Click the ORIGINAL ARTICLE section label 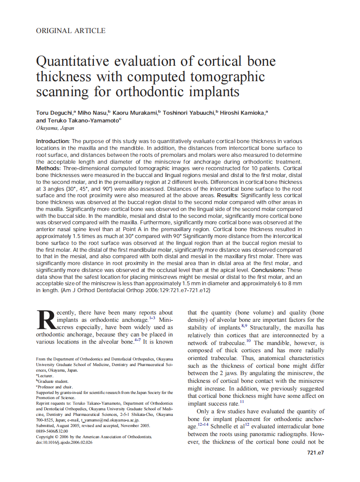point(71,31)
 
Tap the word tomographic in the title point(222,77)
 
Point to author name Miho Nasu point(93,113)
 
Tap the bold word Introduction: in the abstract point(53,141)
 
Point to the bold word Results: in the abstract point(230,195)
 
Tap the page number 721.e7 point(315,453)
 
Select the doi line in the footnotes point(64,442)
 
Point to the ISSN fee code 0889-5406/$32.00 point(52,431)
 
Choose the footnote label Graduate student point(53,381)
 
